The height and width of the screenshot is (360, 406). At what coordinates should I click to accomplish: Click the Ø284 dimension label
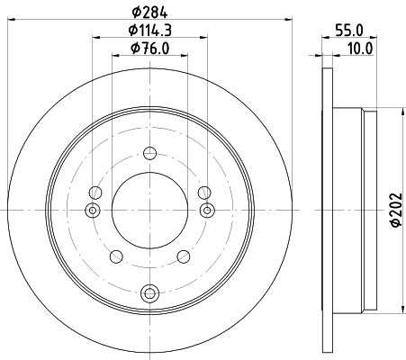click(149, 13)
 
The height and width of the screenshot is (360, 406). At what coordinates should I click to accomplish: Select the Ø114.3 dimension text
click(150, 31)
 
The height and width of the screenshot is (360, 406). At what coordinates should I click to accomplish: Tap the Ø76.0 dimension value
click(150, 49)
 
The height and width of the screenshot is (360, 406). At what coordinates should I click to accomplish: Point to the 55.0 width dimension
click(349, 31)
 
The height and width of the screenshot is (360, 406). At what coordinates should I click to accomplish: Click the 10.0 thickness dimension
click(360, 49)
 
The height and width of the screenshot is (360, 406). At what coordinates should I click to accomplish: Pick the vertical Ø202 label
click(395, 210)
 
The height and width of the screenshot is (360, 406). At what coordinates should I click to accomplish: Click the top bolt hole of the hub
click(149, 153)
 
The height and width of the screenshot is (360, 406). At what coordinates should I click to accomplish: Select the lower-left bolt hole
click(116, 256)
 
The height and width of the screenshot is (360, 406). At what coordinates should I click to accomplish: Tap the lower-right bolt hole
click(184, 256)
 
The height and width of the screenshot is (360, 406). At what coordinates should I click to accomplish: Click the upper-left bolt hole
click(95, 193)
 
